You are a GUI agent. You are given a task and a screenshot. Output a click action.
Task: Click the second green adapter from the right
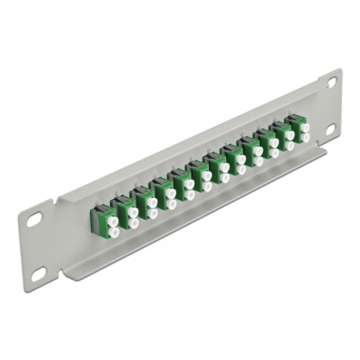(x=273, y=138)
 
